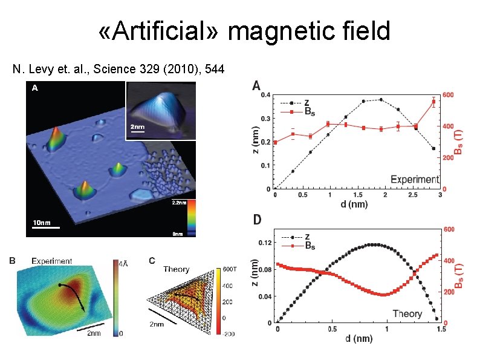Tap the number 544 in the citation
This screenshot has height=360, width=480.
(213, 70)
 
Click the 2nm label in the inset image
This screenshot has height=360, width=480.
(139, 128)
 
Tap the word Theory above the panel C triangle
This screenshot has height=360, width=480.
(177, 270)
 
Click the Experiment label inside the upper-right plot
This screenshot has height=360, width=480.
(414, 179)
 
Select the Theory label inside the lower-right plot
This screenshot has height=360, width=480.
(407, 313)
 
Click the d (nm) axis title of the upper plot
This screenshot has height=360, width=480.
(355, 204)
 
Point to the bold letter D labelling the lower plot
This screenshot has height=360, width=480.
(257, 220)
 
